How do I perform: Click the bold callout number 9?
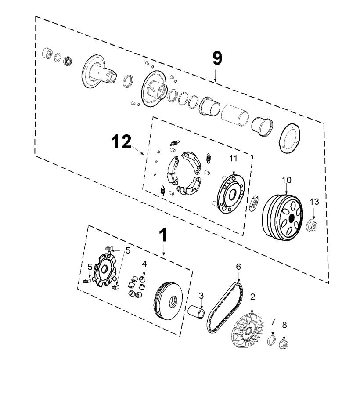pos(217,58)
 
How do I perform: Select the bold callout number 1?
pos(163,235)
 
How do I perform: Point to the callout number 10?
pos(286,180)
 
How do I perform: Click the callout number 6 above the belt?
pos(238,267)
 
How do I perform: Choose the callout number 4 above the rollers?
pos(144,264)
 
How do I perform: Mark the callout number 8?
pos(284,325)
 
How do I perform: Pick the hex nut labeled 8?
pos(284,344)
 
